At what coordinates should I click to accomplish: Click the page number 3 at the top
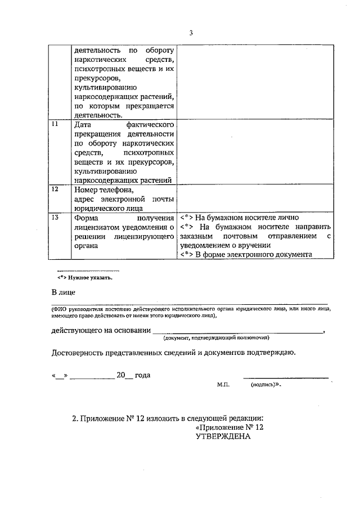[191, 33]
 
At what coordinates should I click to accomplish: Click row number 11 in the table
[55, 124]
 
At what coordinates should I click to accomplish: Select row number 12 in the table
[55, 190]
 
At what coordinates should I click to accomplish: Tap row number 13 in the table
[55, 217]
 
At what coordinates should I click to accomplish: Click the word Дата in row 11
[83, 124]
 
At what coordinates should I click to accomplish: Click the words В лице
[63, 292]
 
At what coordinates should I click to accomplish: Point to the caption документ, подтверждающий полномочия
[216, 338]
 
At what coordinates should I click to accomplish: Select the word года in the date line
[143, 375]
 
